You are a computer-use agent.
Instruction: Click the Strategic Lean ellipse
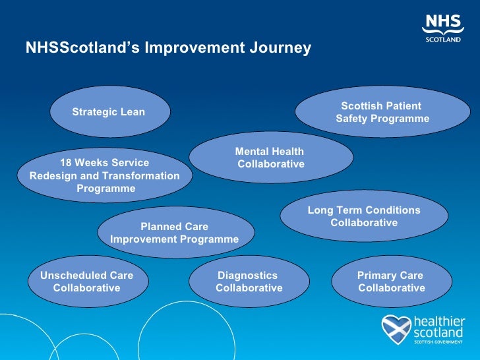coord(110,112)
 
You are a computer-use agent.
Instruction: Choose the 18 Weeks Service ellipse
coord(105,175)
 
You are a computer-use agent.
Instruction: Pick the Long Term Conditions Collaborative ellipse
coord(364,216)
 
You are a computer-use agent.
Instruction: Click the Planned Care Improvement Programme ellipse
coord(175,233)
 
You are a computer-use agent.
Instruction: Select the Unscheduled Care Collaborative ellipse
coord(88,282)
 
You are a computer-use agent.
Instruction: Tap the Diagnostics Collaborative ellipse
coord(249,282)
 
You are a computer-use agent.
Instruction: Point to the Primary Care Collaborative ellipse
coord(391,282)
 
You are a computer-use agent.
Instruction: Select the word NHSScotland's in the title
coord(82,48)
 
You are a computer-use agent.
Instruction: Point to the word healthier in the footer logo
coord(439,321)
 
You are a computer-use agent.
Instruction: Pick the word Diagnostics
coord(247,276)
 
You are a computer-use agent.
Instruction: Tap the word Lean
coord(133,112)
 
